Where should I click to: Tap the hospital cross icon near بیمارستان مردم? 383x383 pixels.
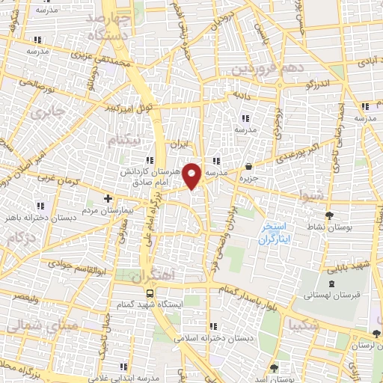pos(108,199)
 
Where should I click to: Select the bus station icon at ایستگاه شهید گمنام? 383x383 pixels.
pos(150,292)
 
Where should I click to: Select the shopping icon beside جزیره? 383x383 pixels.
pos(248,167)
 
